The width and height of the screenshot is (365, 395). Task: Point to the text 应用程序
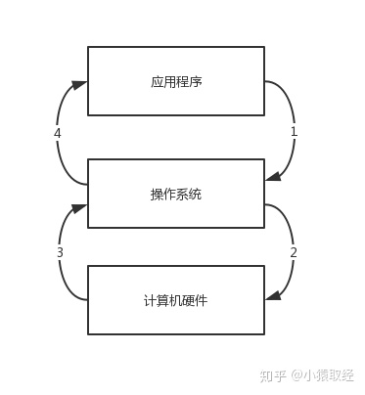176,82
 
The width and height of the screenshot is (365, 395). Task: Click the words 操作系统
176,194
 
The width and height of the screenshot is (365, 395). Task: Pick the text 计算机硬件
176,300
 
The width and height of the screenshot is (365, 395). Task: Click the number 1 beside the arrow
293,131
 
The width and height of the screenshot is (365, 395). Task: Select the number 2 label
293,252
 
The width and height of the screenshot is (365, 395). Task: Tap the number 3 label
60,252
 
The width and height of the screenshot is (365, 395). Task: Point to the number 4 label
58,132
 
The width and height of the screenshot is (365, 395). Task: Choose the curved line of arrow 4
61,156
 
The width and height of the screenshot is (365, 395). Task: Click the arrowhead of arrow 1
272,176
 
